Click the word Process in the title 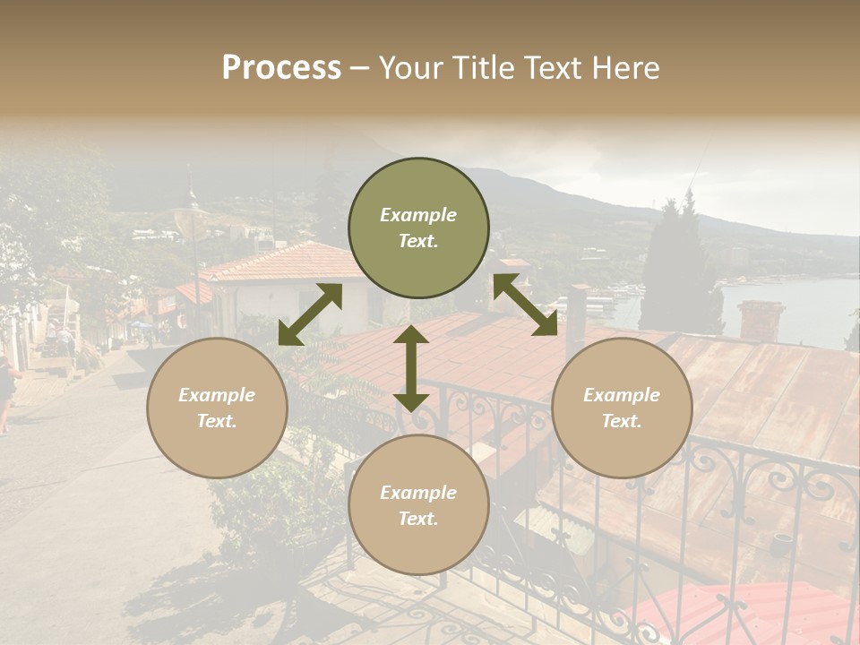281,68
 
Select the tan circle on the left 217,408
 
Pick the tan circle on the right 622,408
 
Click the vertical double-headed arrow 411,368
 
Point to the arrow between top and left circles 310,314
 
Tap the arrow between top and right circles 525,305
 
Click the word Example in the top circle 418,215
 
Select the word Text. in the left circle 217,421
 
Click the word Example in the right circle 622,395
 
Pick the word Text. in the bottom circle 418,519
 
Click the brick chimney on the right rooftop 761,321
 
